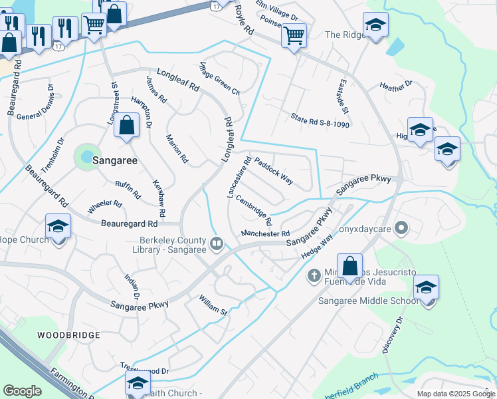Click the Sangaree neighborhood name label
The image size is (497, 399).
click(x=114, y=160)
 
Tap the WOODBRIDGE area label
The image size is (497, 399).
click(x=68, y=335)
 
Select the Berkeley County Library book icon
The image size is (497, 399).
click(x=216, y=244)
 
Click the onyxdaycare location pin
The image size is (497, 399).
click(x=401, y=229)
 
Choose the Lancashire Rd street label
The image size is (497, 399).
click(x=239, y=177)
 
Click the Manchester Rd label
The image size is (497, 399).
click(x=265, y=233)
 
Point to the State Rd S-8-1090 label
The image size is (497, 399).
click(x=320, y=120)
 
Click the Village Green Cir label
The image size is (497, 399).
click(x=219, y=79)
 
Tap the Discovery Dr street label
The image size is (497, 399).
click(x=393, y=336)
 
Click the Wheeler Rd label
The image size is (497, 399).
click(x=104, y=207)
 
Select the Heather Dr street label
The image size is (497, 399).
click(x=395, y=85)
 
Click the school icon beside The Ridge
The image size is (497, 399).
click(x=376, y=25)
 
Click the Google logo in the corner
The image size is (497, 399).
click(x=22, y=391)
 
